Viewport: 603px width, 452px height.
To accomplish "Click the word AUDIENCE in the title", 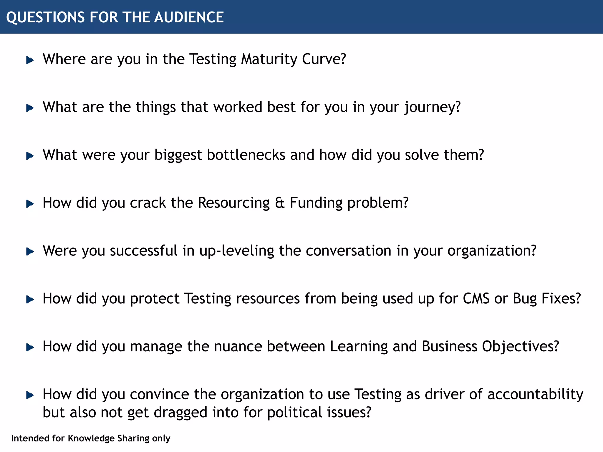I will (x=189, y=17).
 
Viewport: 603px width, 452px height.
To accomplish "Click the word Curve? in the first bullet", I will (x=324, y=59).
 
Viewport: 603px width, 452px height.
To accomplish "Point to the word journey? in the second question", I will (x=432, y=107).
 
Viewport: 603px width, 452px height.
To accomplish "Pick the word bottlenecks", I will (x=246, y=155).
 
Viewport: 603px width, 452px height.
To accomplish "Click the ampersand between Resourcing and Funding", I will (x=280, y=203).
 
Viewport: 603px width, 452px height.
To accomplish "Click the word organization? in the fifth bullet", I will (x=492, y=251).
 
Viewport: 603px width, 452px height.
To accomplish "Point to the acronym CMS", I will (x=476, y=298).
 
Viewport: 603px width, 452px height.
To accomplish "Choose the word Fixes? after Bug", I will (x=561, y=298).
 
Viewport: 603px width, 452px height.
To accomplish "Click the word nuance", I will (x=238, y=346).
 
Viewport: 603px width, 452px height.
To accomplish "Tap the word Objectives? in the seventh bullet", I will (x=520, y=346).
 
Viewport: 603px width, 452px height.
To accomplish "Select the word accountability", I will (x=535, y=394).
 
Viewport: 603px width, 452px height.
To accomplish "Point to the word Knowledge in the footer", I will (x=91, y=438).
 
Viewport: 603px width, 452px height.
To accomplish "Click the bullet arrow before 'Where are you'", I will (x=30, y=60).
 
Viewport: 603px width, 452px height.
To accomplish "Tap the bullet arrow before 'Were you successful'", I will (x=30, y=252).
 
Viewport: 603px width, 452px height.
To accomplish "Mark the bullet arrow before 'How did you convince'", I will (x=30, y=395).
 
